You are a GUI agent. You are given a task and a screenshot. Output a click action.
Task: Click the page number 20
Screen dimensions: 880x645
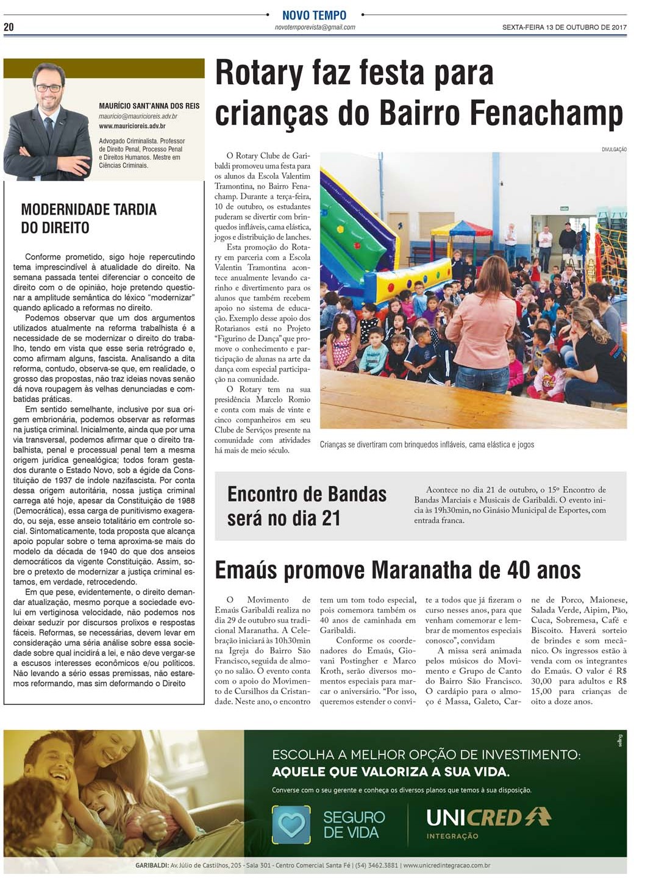(9, 27)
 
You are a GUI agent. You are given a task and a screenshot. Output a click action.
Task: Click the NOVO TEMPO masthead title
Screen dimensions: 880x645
(314, 15)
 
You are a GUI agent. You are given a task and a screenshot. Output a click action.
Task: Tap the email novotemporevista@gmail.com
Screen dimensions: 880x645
(315, 27)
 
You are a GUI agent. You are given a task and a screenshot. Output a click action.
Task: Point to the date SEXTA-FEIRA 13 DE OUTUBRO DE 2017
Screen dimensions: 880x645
(564, 27)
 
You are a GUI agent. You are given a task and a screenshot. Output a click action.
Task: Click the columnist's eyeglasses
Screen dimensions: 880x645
(49, 88)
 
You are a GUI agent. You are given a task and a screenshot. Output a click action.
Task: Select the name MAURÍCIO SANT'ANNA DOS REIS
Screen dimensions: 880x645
(149, 106)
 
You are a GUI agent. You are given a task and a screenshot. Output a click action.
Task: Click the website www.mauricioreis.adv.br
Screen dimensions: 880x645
(132, 126)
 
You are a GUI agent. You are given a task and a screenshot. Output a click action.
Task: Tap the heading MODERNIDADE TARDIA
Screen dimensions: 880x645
(89, 210)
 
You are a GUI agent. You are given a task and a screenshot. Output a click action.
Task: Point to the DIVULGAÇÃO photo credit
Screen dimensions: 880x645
(613, 149)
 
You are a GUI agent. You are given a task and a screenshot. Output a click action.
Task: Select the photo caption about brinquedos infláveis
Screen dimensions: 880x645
(427, 445)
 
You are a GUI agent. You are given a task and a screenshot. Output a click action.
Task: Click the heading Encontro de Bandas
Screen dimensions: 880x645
(307, 494)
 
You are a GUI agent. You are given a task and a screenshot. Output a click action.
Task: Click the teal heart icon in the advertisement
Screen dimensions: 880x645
(291, 825)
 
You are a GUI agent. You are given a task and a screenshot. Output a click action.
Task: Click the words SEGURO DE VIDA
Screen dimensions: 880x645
(354, 825)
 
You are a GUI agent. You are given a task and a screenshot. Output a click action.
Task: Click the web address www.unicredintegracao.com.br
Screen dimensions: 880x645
(446, 865)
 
